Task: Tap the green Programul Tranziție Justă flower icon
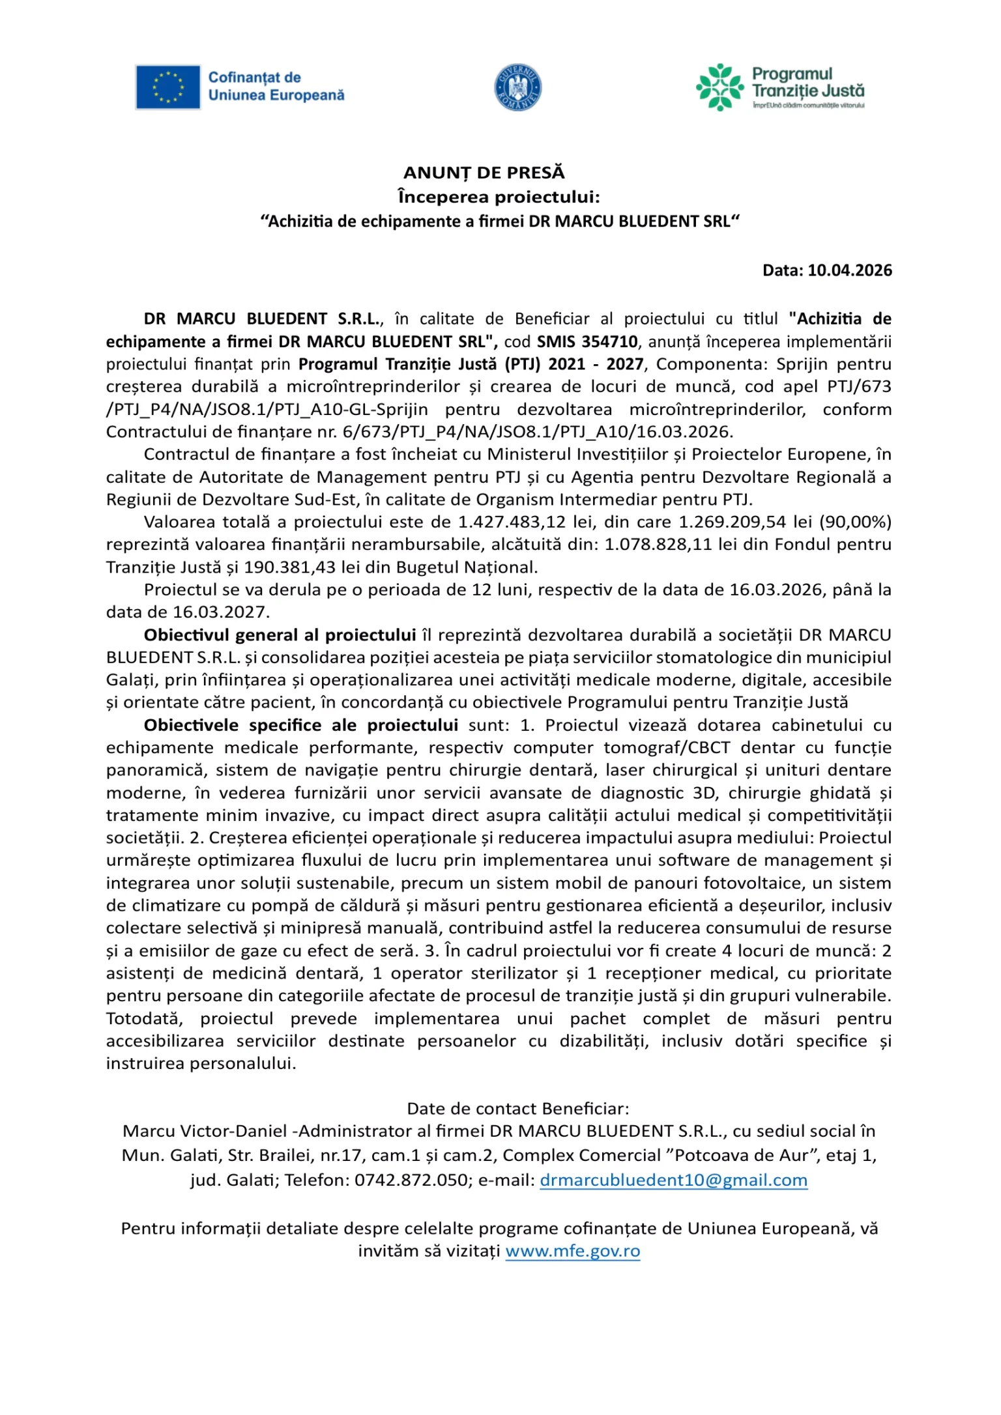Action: pyautogui.click(x=719, y=87)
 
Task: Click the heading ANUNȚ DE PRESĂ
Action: pyautogui.click(x=484, y=173)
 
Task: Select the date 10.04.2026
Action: pyautogui.click(x=850, y=270)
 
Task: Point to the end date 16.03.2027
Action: pyautogui.click(x=220, y=612)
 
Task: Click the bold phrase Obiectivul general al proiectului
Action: pyautogui.click(x=280, y=635)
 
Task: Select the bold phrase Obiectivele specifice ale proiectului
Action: pyautogui.click(x=300, y=725)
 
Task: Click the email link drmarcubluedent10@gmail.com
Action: pyautogui.click(x=673, y=1180)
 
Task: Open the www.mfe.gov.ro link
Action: pyautogui.click(x=572, y=1251)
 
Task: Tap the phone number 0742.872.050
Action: pyautogui.click(x=411, y=1180)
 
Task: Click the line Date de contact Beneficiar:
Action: pyautogui.click(x=518, y=1109)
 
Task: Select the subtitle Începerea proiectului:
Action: pyautogui.click(x=499, y=197)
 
